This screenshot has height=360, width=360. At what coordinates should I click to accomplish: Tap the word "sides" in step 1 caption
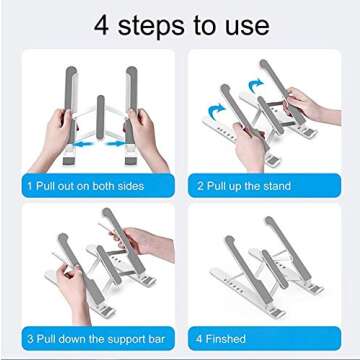127,186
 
